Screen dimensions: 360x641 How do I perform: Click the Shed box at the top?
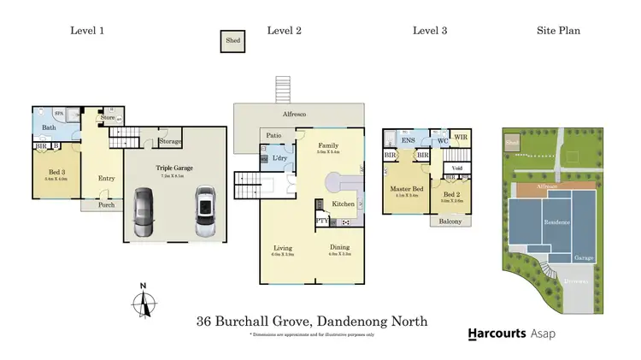point(232,42)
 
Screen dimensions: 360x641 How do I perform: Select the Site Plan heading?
point(558,31)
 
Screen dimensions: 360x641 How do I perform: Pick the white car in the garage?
point(205,213)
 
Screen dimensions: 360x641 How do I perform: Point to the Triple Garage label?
point(176,169)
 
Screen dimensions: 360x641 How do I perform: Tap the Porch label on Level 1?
point(106,205)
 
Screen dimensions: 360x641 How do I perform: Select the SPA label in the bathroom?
point(59,114)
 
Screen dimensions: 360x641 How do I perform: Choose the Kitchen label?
point(343,204)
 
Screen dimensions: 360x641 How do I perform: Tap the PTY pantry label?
point(322,220)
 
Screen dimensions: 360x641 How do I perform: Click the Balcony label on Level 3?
point(451,221)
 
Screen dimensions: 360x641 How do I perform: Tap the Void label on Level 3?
point(456,169)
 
